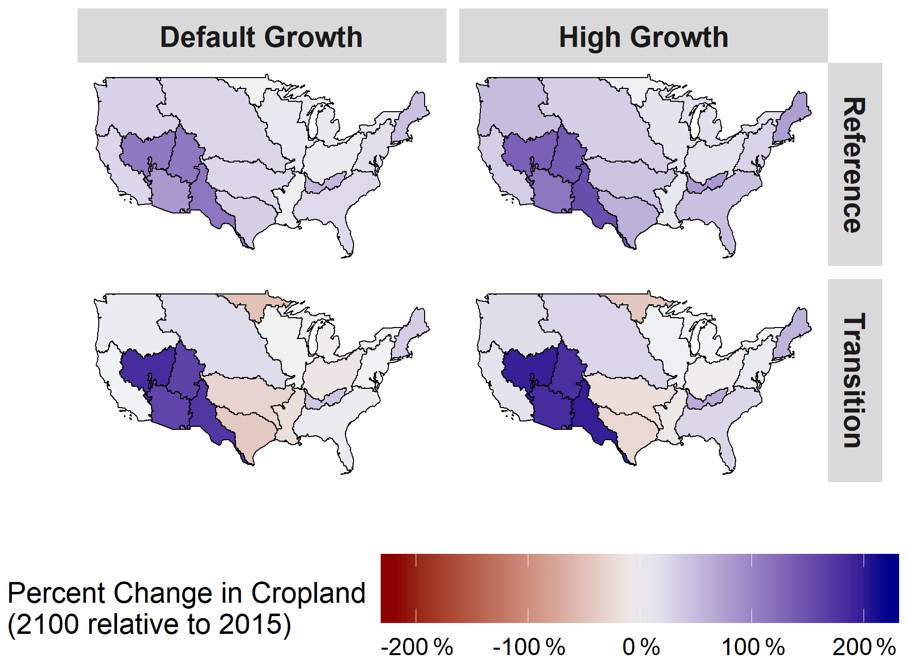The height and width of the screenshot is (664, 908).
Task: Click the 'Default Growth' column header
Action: (261, 37)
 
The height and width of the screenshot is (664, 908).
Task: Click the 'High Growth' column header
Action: (643, 37)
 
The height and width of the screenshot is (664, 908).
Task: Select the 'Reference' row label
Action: (854, 165)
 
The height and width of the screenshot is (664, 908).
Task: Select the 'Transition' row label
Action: (854, 380)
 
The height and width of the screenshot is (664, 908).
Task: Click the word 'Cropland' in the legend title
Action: (308, 593)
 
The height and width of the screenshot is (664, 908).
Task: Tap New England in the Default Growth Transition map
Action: (410, 334)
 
